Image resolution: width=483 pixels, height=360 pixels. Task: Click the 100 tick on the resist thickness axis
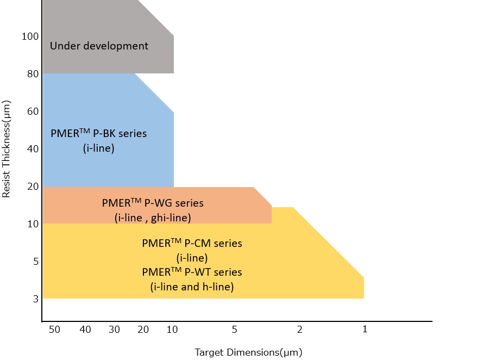tap(30, 36)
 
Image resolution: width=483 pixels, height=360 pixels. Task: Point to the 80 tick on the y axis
tap(33, 73)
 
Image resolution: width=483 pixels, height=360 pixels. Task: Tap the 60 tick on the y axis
tap(33, 111)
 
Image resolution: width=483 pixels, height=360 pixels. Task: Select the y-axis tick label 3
tap(36, 299)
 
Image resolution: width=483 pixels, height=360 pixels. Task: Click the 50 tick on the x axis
tap(54, 329)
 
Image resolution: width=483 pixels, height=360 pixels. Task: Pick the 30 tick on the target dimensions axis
tap(114, 329)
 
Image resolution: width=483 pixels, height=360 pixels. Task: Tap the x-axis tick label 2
tap(299, 329)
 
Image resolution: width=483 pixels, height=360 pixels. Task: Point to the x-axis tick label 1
tap(365, 329)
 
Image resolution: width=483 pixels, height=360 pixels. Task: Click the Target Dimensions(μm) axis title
tap(248, 352)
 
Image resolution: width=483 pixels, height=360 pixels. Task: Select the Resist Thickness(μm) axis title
tap(7, 148)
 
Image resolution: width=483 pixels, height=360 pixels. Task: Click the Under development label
tap(99, 46)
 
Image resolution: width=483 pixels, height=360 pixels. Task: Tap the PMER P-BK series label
tap(98, 133)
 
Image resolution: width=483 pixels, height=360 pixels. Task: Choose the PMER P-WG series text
tap(153, 203)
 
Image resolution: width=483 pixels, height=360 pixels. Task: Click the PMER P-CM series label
tap(192, 244)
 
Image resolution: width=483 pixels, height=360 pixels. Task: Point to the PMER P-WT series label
tap(192, 272)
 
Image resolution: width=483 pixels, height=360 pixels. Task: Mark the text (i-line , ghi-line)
tap(153, 218)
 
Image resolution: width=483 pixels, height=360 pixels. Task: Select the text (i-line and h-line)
tap(192, 286)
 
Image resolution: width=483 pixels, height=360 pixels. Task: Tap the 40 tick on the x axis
tap(85, 329)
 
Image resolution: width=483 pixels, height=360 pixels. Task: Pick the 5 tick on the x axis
tap(235, 329)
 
